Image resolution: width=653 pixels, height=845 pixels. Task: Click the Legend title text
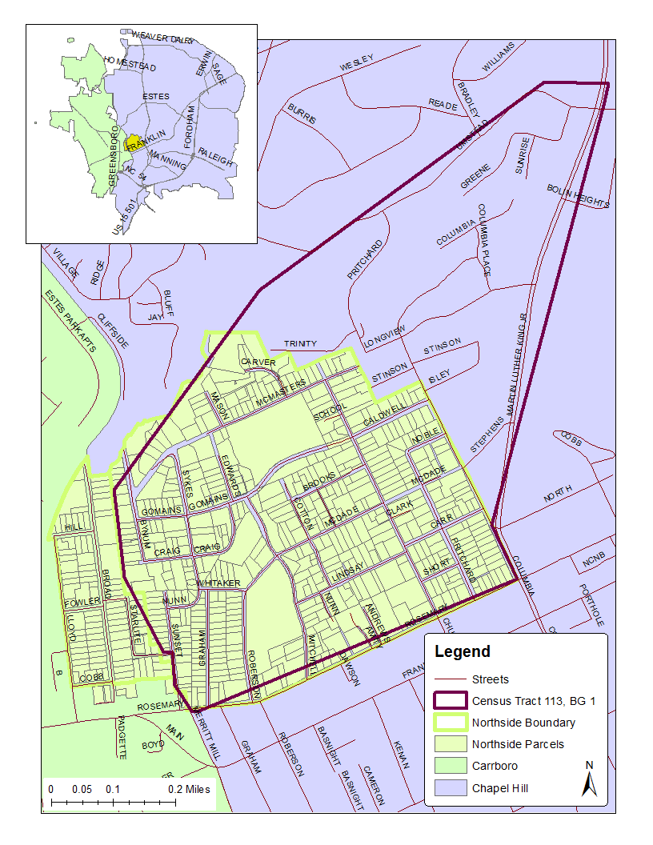click(463, 652)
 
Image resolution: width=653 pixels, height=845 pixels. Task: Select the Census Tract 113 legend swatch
click(449, 701)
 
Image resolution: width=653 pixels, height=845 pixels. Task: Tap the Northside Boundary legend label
click(523, 723)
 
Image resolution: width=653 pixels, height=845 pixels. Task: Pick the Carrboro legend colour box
click(449, 766)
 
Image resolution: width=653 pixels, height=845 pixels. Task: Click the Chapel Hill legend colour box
click(449, 787)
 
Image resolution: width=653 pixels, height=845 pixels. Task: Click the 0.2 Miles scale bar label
click(189, 789)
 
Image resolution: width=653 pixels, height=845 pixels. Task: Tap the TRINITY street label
click(300, 344)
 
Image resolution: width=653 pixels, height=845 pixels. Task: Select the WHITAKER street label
click(218, 583)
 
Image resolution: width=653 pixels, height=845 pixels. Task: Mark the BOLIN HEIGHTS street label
click(578, 196)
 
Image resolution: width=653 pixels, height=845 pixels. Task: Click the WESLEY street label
click(357, 62)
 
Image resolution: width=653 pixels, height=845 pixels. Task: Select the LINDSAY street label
click(347, 571)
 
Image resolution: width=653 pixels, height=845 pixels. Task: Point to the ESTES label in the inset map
click(155, 96)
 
